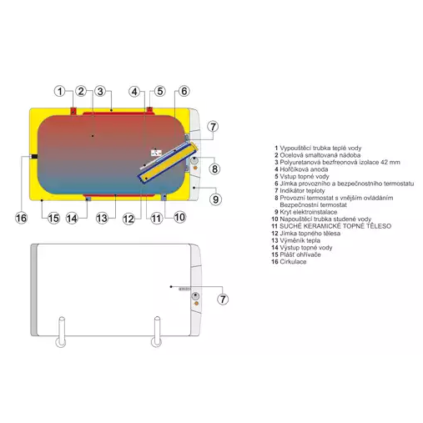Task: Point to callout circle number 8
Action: pyautogui.click(x=214, y=169)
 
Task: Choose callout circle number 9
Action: pyautogui.click(x=214, y=199)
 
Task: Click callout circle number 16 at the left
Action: pyautogui.click(x=23, y=218)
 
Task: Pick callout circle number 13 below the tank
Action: pyautogui.click(x=102, y=218)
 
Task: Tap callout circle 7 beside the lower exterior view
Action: pyautogui.click(x=223, y=299)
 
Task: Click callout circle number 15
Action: pyautogui.click(x=53, y=218)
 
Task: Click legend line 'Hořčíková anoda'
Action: pyautogui.click(x=306, y=169)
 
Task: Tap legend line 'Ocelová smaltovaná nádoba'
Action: pyautogui.click(x=320, y=155)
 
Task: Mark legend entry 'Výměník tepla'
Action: pyautogui.click(x=304, y=240)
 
